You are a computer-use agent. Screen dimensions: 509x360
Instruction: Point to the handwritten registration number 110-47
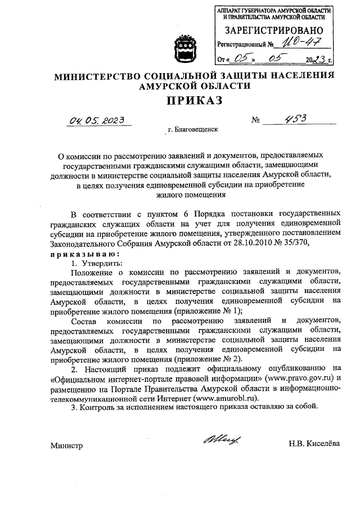click(292, 41)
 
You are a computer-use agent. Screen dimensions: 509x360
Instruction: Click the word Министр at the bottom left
click(66, 445)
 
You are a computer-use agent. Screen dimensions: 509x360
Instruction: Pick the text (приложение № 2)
click(208, 358)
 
